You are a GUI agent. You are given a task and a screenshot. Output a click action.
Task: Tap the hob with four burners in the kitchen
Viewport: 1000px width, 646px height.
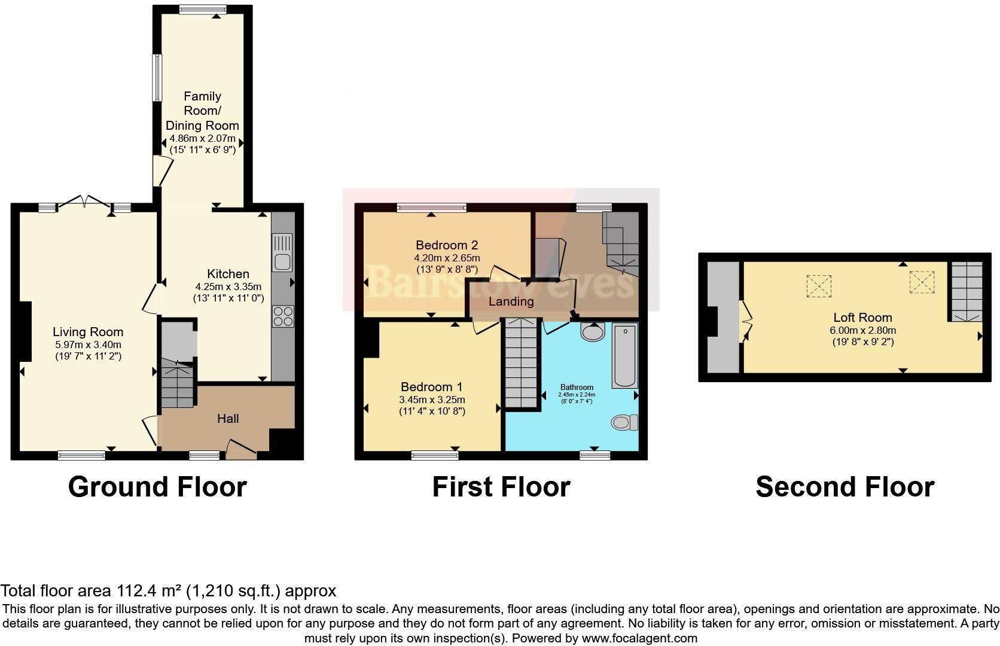pyautogui.click(x=283, y=316)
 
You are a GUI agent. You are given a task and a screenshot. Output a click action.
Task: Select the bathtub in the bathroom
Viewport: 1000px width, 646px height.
pyautogui.click(x=625, y=355)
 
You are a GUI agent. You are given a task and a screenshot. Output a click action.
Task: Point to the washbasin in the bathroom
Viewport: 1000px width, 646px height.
pyautogui.click(x=593, y=332)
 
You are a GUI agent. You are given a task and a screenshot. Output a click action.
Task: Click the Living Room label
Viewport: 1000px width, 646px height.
pyautogui.click(x=88, y=332)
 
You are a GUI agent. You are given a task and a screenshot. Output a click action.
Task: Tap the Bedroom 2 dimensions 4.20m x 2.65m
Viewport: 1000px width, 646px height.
pyautogui.click(x=447, y=258)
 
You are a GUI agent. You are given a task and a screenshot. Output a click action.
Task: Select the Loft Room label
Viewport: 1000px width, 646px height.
pyautogui.click(x=862, y=318)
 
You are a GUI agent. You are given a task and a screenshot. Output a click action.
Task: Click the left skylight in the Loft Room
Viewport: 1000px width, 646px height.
pyautogui.click(x=819, y=285)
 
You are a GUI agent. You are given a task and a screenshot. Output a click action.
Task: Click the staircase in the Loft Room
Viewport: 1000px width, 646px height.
pyautogui.click(x=967, y=292)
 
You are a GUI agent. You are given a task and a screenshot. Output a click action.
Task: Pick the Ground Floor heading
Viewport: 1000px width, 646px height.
pyautogui.click(x=157, y=487)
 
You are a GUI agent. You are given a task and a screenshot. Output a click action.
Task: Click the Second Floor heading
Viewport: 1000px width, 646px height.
pyautogui.click(x=844, y=487)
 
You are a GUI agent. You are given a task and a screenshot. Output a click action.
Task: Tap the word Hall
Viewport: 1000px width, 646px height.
pyautogui.click(x=228, y=419)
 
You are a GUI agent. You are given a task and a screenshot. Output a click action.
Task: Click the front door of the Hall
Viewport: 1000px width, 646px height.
pyautogui.click(x=241, y=450)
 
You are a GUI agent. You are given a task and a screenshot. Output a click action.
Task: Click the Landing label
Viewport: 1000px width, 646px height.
pyautogui.click(x=511, y=301)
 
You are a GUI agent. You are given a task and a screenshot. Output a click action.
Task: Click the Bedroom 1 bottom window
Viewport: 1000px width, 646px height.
pyautogui.click(x=435, y=456)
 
